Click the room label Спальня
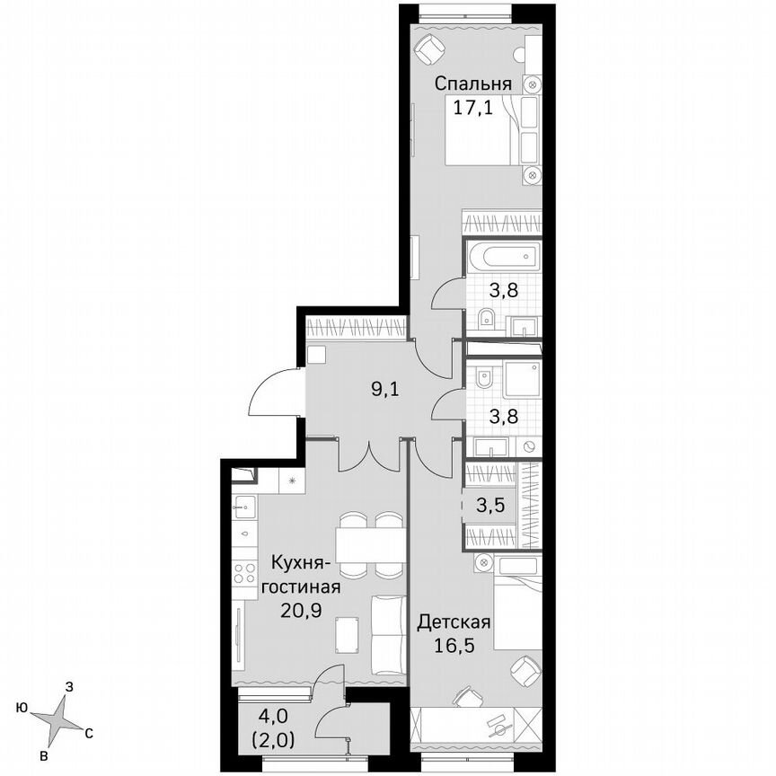[x=473, y=84]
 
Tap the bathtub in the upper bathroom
[x=508, y=258]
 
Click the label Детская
[x=454, y=622]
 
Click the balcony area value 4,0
[x=269, y=718]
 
